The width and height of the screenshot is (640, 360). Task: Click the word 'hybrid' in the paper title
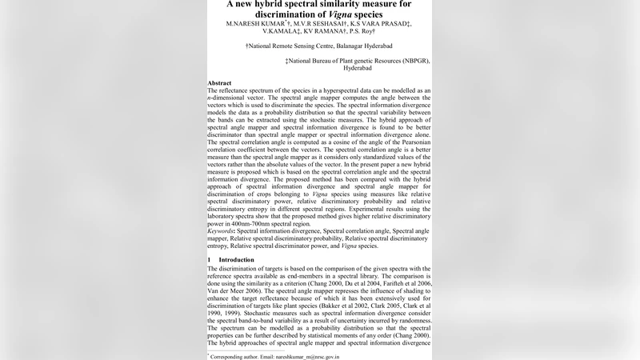(x=277, y=4)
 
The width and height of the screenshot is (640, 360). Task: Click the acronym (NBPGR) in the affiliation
(x=412, y=60)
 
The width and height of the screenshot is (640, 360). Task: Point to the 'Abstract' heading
(x=219, y=83)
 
